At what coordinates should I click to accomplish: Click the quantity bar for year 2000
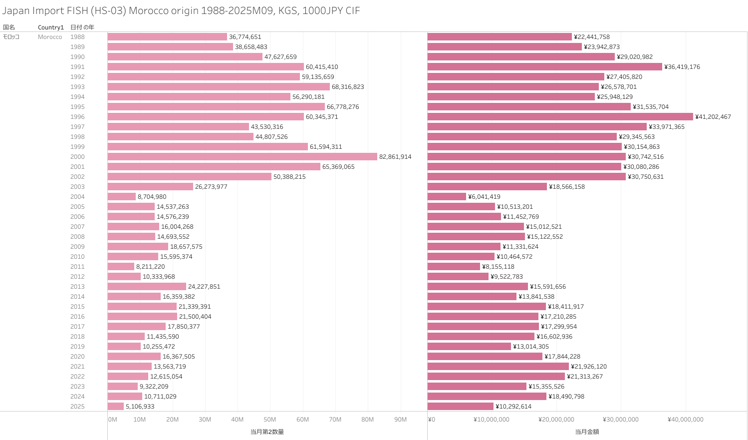(x=242, y=157)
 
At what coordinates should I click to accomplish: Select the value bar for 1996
(x=560, y=117)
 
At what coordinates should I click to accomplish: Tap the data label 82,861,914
(x=395, y=157)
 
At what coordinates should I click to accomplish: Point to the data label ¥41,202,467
(x=713, y=117)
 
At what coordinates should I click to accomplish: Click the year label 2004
(x=77, y=197)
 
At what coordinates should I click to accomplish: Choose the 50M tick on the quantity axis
(x=269, y=420)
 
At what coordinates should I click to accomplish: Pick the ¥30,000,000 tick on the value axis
(x=620, y=420)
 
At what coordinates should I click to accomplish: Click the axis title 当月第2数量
(x=267, y=432)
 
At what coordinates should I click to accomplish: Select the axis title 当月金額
(x=587, y=432)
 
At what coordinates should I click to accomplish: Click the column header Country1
(x=50, y=27)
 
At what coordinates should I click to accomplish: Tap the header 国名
(x=9, y=27)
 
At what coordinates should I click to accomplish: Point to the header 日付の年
(x=82, y=27)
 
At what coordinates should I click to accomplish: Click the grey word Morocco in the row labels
(x=50, y=37)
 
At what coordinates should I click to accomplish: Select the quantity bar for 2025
(x=116, y=407)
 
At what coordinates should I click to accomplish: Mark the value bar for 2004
(x=447, y=197)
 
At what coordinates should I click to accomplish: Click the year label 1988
(x=77, y=37)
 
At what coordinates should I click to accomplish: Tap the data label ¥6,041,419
(x=484, y=197)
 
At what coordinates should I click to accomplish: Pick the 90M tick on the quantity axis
(x=400, y=420)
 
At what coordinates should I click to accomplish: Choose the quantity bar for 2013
(x=147, y=287)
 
